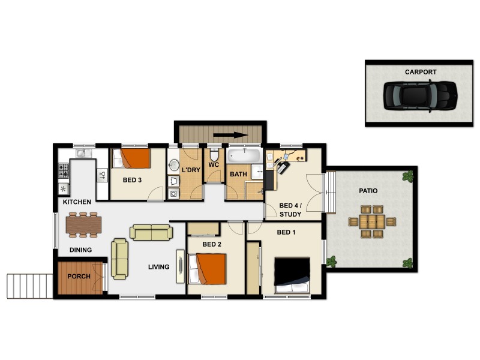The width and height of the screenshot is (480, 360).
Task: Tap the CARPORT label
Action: point(420,72)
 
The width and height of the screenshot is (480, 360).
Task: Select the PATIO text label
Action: point(368,191)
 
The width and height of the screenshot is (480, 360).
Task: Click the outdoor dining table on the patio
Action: point(372,221)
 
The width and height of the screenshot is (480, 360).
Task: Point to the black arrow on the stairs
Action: point(231,134)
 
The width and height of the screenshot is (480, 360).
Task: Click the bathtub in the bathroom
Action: point(244,157)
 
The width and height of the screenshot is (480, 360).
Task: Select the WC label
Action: point(213,166)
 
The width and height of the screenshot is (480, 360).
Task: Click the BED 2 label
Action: point(212,244)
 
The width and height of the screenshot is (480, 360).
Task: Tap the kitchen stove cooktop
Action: point(64,170)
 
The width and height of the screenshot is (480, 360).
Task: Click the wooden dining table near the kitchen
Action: point(84,224)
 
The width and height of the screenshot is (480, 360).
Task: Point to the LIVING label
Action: point(159,267)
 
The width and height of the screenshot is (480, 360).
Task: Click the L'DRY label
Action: point(190,170)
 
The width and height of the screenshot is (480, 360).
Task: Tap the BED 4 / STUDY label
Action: point(290,209)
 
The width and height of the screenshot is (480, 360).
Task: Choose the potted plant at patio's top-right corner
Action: point(409,176)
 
